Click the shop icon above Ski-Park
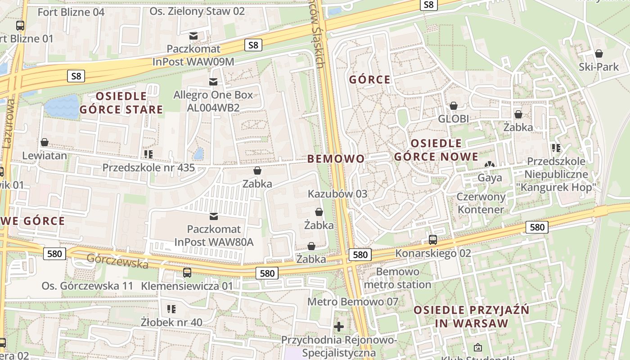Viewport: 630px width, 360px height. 599,54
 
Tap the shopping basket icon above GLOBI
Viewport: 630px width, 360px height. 454,106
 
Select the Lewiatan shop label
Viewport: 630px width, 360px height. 45,156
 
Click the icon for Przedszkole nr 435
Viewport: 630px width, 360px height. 148,154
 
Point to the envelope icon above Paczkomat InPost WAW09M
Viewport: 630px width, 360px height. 193,36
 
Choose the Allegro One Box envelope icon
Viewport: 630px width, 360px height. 213,82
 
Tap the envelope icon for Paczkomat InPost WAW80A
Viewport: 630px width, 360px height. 214,216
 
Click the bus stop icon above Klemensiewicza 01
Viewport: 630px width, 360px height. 187,272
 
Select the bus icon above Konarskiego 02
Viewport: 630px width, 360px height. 433,240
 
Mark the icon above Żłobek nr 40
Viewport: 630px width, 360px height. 171,309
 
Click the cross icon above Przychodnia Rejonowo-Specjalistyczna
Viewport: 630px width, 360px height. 339,326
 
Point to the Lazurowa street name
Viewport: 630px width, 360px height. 9,124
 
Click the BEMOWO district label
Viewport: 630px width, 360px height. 336,158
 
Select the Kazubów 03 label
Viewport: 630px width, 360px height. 337,194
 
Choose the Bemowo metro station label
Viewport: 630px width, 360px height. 397,278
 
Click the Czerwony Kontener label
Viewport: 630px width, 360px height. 481,203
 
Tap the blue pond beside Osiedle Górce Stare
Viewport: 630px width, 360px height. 62,107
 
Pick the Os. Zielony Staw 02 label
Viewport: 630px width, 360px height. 197,11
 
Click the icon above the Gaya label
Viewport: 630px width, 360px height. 490,165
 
